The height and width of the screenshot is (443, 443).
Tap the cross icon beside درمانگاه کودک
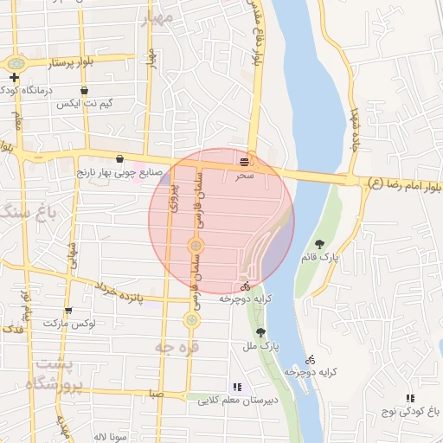click(15, 77)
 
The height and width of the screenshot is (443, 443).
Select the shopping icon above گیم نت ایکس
click(84, 90)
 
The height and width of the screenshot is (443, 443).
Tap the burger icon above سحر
click(247, 160)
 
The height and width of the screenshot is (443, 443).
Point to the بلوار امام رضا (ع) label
click(403, 184)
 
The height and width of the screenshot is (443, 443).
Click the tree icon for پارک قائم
click(320, 244)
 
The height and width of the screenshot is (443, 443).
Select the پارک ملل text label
click(260, 347)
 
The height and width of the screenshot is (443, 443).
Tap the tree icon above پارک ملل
click(260, 332)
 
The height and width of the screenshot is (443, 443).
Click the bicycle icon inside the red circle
click(245, 285)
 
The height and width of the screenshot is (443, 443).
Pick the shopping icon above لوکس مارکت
click(68, 310)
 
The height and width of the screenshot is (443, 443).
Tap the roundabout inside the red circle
click(196, 247)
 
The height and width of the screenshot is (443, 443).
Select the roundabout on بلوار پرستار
click(15, 64)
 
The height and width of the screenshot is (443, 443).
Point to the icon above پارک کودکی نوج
click(409, 398)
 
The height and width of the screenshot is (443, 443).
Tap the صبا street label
click(156, 392)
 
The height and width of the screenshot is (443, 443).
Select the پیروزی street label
click(173, 197)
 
